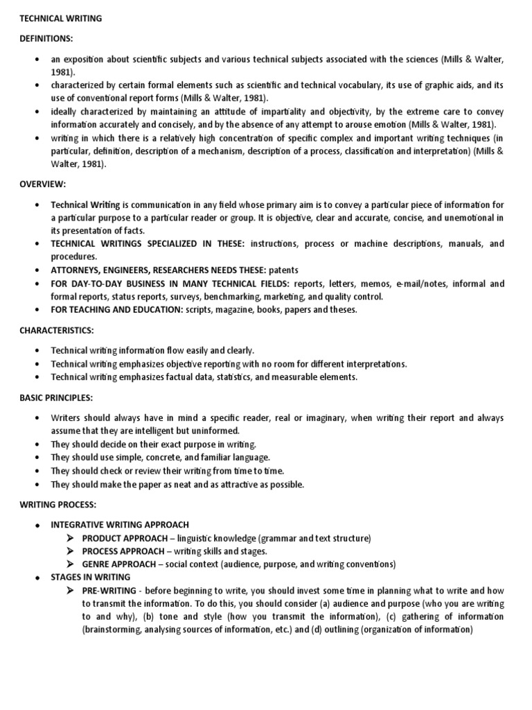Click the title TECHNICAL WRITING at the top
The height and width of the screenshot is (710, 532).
tap(60, 19)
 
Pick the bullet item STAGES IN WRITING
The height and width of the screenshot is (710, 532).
tap(90, 577)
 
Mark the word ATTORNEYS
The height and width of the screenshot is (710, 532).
tap(78, 270)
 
